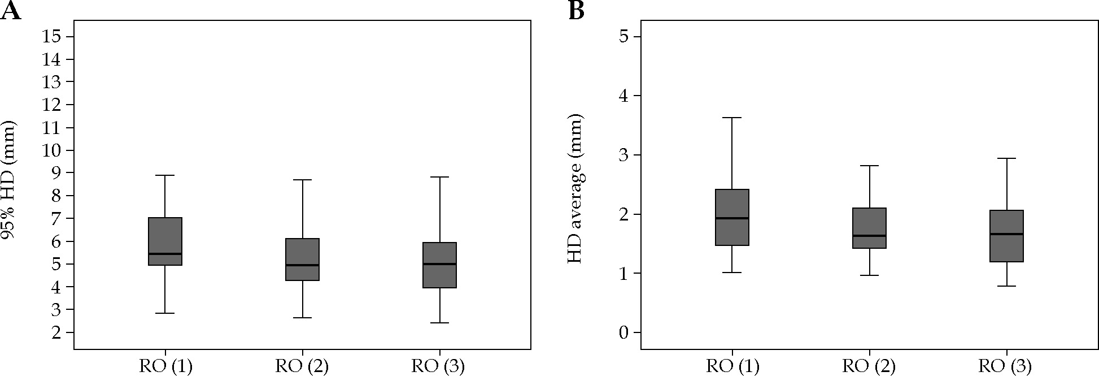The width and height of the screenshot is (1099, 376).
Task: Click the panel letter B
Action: pyautogui.click(x=576, y=11)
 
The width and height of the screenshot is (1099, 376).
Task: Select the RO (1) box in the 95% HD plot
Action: pyautogui.click(x=165, y=241)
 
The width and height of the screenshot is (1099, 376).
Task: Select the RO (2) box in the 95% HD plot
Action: pyautogui.click(x=303, y=260)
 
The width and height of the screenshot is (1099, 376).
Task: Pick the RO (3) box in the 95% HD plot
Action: pyautogui.click(x=439, y=265)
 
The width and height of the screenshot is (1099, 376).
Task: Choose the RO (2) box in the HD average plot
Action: pyautogui.click(x=869, y=228)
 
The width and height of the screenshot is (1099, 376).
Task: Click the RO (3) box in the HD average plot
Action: pyautogui.click(x=1006, y=236)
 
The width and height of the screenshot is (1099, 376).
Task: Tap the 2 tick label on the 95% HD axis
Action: pyautogui.click(x=57, y=332)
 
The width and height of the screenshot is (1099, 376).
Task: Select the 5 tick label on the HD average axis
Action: pyautogui.click(x=623, y=37)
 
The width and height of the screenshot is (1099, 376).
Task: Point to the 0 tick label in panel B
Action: pyautogui.click(x=623, y=332)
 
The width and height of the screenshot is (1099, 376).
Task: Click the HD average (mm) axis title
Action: pyautogui.click(x=575, y=189)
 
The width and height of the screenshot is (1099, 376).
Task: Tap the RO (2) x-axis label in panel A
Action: pyautogui.click(x=302, y=366)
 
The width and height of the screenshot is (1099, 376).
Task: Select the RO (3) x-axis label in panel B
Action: pyautogui.click(x=1005, y=366)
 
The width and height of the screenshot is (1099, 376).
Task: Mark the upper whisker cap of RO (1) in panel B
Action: pyautogui.click(x=732, y=118)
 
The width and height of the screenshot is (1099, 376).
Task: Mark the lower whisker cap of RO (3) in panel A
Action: pyautogui.click(x=439, y=323)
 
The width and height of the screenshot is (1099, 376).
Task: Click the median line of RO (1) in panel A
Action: pyautogui.click(x=165, y=254)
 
